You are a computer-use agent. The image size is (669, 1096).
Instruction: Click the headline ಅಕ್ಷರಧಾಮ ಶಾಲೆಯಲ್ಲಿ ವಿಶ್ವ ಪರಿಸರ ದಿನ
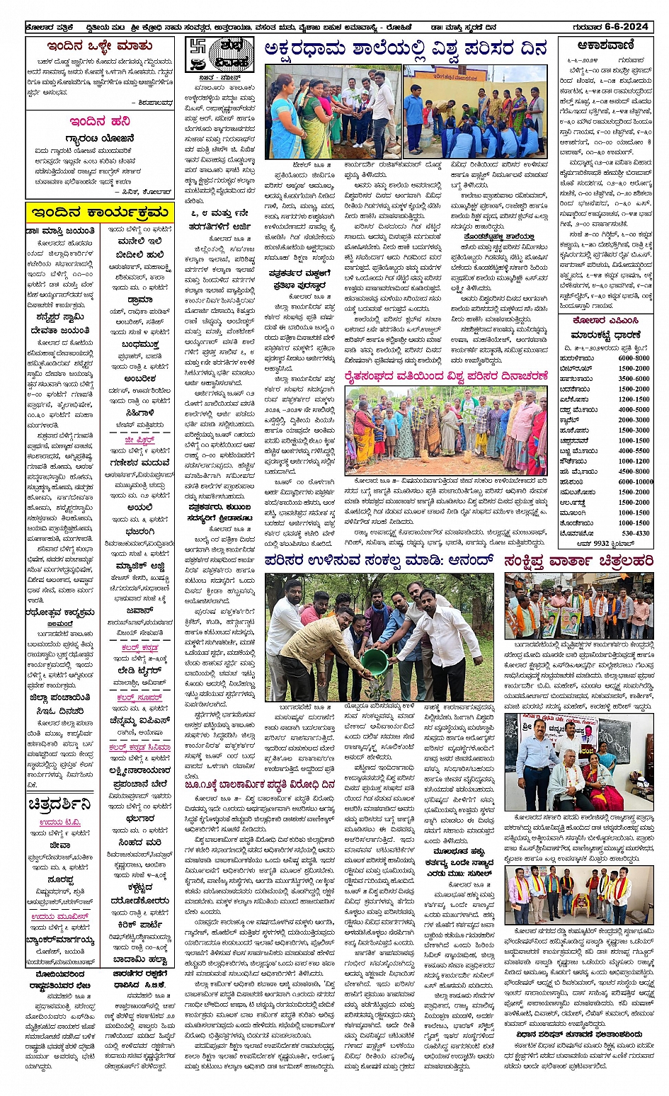(406, 50)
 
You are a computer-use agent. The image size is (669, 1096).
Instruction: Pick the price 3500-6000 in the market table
(634, 379)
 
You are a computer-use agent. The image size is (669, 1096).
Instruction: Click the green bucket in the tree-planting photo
(373, 662)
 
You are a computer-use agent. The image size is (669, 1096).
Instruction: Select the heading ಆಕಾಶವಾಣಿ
(605, 46)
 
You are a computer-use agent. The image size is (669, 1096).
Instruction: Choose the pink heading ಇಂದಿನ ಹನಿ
(99, 121)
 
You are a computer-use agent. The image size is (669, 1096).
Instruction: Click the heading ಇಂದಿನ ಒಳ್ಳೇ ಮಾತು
(99, 47)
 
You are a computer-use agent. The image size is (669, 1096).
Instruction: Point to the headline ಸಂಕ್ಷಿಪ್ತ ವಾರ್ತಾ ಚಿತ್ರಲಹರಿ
(578, 561)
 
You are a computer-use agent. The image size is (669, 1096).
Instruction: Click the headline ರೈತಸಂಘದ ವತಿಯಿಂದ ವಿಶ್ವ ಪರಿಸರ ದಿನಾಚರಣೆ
(446, 377)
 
